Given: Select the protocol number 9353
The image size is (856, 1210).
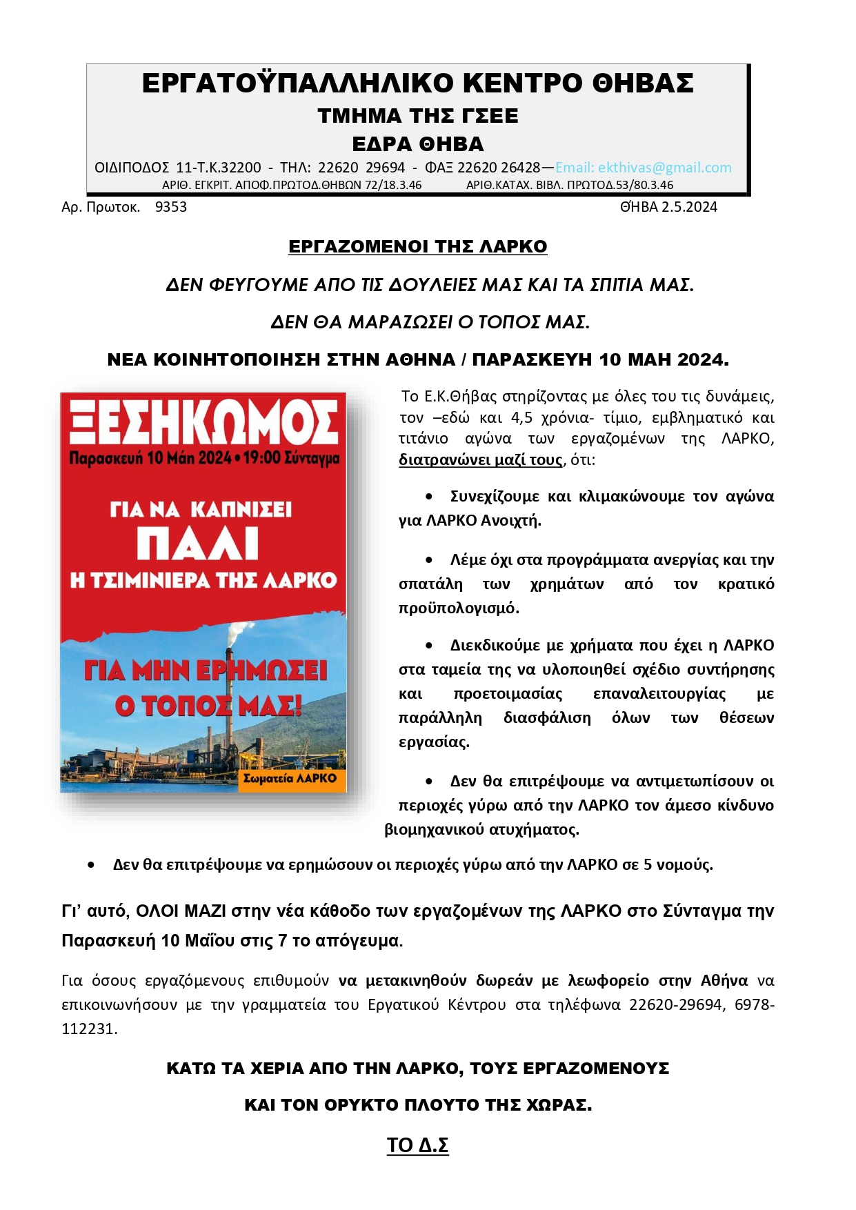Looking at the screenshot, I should (x=170, y=207).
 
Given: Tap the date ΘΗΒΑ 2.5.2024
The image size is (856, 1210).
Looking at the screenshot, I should (x=668, y=207).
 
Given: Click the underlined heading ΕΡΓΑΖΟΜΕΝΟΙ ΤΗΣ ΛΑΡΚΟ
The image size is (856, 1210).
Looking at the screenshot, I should (x=417, y=246).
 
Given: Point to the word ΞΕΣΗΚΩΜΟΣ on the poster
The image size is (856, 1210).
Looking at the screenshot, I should (x=204, y=422).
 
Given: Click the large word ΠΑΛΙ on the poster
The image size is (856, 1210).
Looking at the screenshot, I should (x=197, y=544).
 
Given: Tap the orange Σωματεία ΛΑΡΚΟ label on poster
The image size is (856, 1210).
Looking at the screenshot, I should (x=290, y=778).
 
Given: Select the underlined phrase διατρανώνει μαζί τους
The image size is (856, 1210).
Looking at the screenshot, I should (x=480, y=459).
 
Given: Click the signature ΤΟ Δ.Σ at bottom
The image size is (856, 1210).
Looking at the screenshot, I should (x=417, y=1145).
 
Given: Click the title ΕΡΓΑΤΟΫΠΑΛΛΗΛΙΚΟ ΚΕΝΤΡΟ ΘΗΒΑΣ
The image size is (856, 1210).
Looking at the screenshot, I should (x=417, y=83).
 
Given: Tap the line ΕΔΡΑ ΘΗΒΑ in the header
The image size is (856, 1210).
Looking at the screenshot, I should (x=417, y=144).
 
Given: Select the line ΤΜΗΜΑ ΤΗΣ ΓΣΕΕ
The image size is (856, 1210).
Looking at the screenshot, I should (x=417, y=115).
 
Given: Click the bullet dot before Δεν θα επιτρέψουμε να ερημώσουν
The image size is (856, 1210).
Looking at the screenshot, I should (x=91, y=864).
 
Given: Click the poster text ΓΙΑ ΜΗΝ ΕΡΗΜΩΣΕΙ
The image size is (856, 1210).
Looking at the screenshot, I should (x=206, y=671).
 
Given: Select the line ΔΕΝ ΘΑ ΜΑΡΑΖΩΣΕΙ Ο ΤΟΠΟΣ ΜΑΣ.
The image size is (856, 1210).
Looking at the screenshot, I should (x=430, y=322).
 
